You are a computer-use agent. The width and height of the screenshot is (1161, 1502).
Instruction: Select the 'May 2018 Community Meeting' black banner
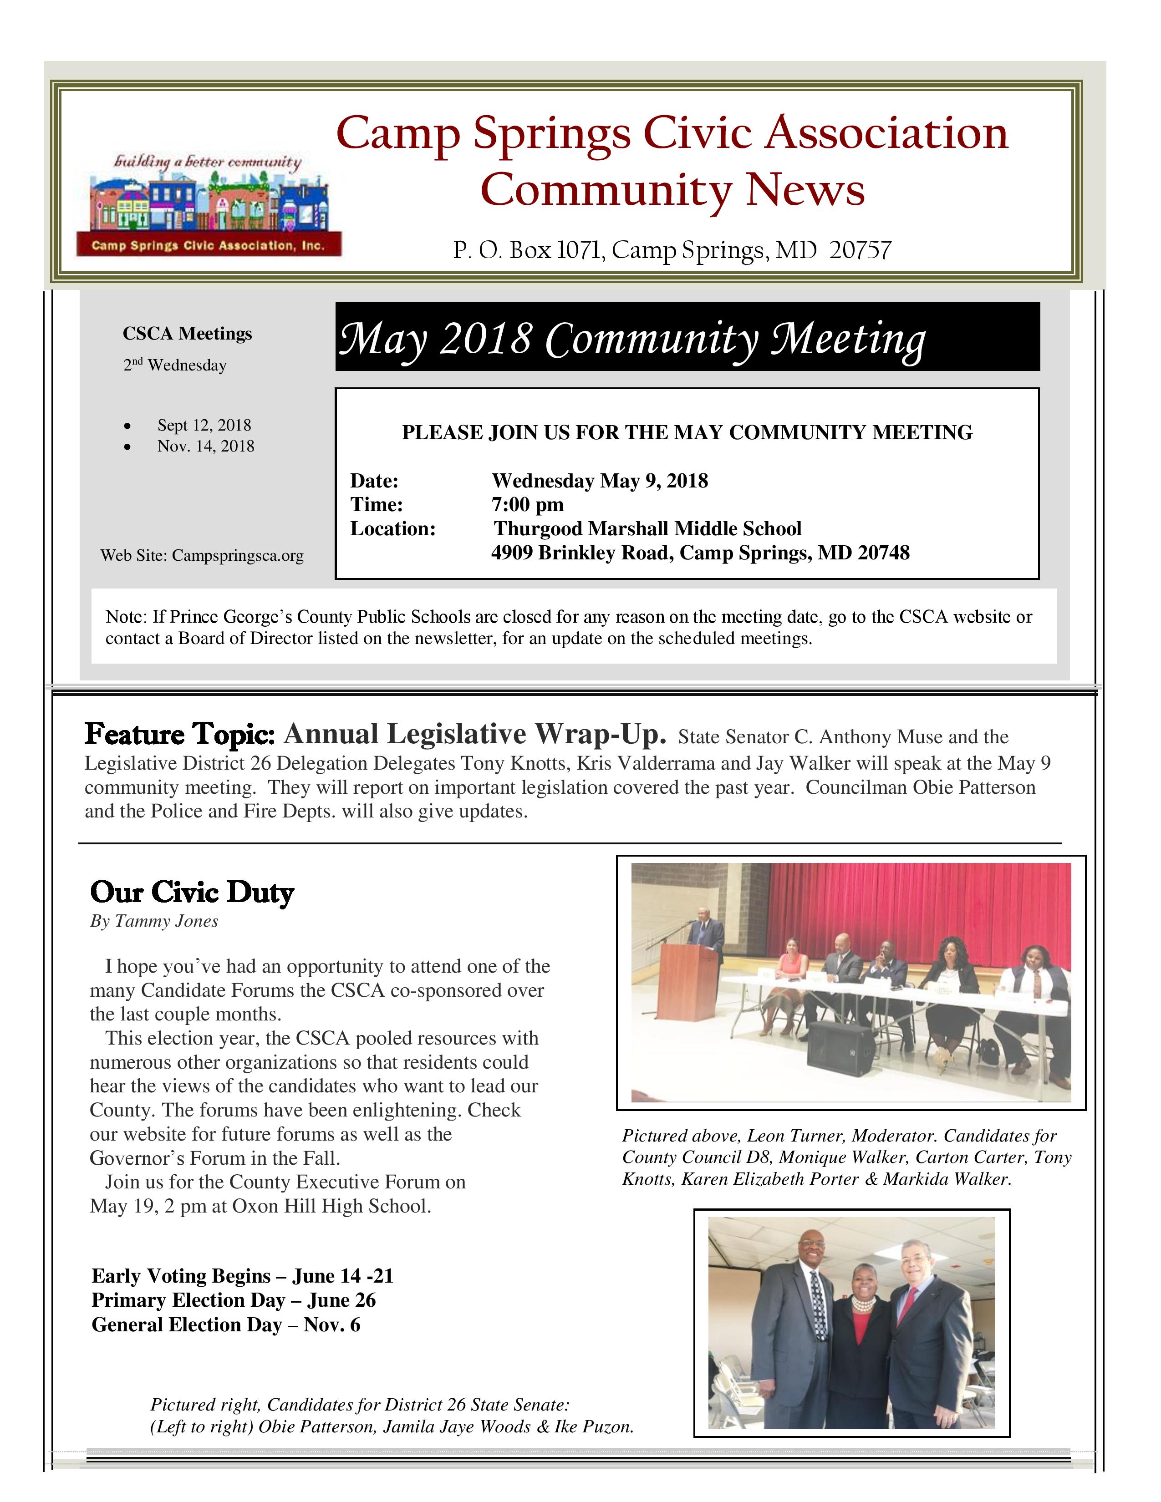687,337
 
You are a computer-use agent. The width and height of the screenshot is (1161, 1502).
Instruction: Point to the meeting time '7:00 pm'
528,505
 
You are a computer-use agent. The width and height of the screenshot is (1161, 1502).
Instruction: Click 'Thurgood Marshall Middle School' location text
647,529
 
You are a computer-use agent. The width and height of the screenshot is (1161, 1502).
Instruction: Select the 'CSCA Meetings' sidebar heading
187,334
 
